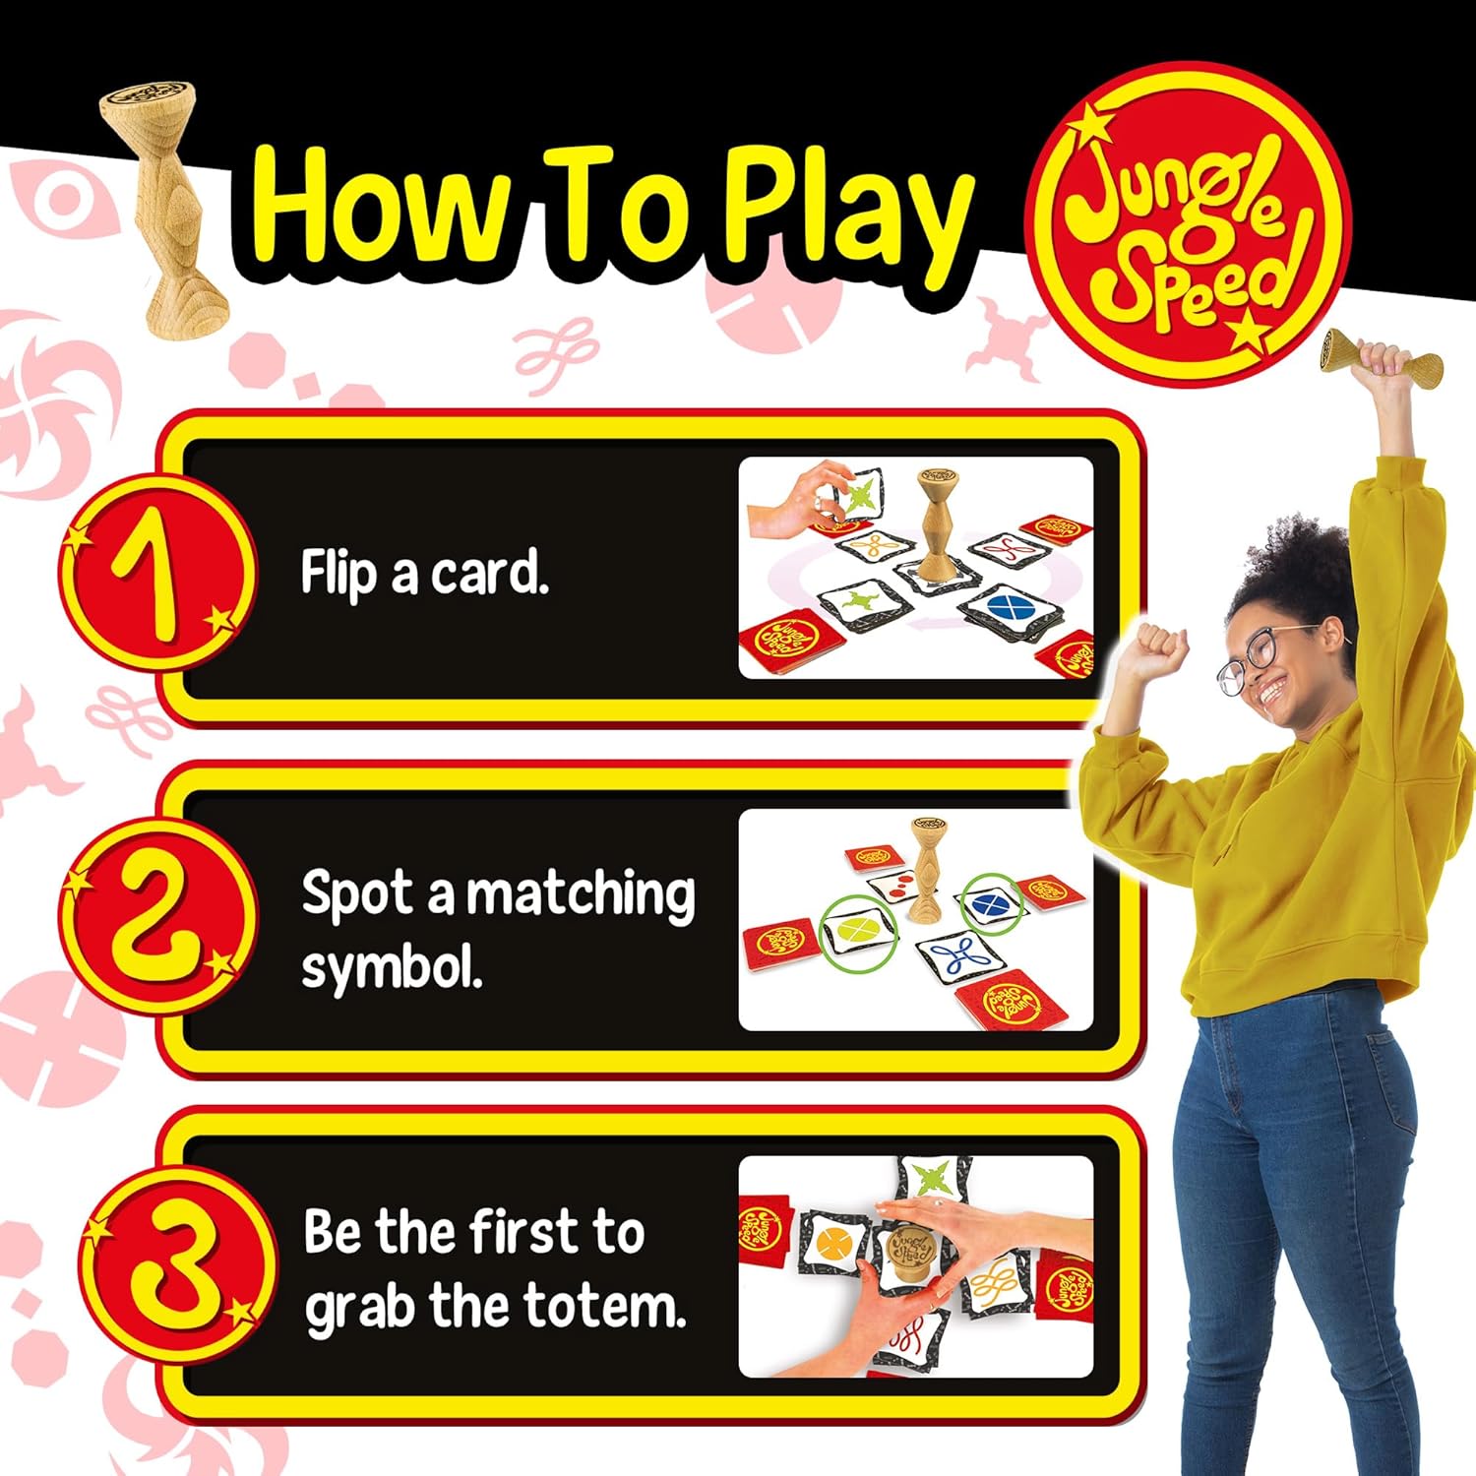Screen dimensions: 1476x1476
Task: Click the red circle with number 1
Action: click(158, 572)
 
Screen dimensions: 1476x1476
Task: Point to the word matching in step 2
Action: click(581, 895)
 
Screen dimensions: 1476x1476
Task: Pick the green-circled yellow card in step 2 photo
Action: click(859, 930)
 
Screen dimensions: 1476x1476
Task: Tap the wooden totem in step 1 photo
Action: click(936, 526)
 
